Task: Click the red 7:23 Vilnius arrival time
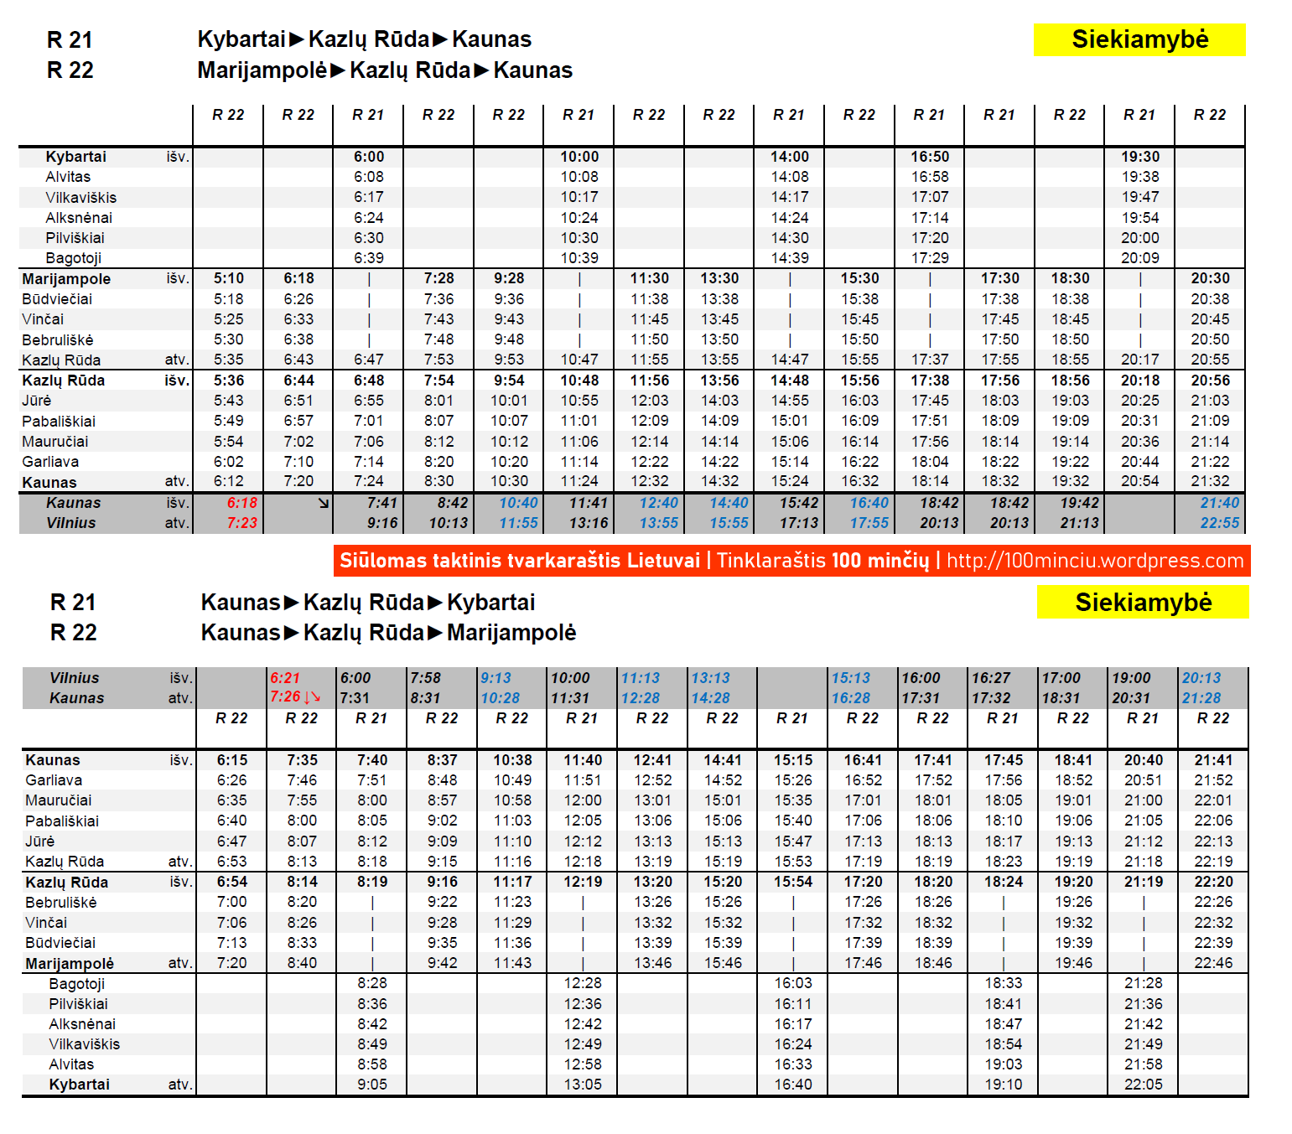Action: point(241,523)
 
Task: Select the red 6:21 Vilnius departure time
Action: point(285,678)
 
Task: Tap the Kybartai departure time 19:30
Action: point(1140,157)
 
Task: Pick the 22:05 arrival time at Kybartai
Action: point(1144,1085)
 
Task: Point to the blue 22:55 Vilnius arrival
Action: point(1219,523)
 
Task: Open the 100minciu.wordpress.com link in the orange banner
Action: point(1095,561)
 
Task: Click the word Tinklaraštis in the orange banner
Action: point(771,561)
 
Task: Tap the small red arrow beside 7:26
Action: point(313,697)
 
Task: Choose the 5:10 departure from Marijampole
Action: point(229,278)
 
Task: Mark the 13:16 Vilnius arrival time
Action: point(589,523)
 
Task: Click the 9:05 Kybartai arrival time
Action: point(372,1085)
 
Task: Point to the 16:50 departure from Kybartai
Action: point(930,157)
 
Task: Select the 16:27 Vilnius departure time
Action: point(990,678)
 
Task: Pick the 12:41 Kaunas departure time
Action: point(652,760)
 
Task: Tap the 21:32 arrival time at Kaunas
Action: point(1210,481)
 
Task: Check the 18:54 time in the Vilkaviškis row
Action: point(1004,1044)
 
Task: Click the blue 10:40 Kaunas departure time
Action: point(518,503)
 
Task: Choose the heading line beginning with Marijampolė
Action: point(385,70)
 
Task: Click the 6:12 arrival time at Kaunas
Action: point(229,481)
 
